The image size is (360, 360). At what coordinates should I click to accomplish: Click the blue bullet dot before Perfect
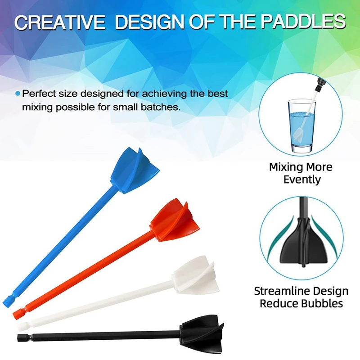tap(18, 94)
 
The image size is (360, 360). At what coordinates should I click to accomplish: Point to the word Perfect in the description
tap(40, 94)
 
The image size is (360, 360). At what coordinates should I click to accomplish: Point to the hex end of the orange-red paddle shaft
tap(18, 312)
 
